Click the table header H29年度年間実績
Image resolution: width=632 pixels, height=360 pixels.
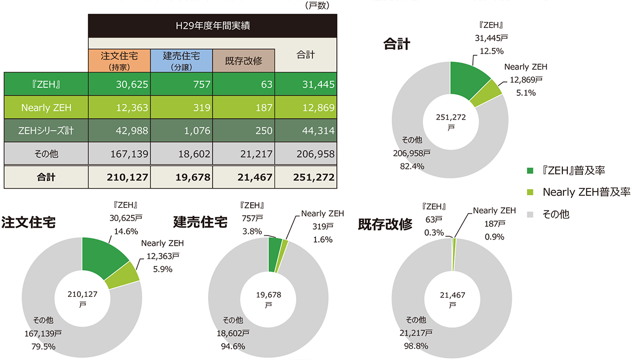[212, 25]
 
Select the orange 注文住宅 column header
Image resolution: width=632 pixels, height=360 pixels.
[118, 60]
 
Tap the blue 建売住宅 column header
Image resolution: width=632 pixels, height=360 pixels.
[181, 60]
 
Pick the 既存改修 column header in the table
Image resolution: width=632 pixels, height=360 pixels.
[243, 60]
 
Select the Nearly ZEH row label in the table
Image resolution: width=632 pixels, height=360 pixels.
[46, 108]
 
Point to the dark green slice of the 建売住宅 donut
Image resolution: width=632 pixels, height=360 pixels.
[274, 254]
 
